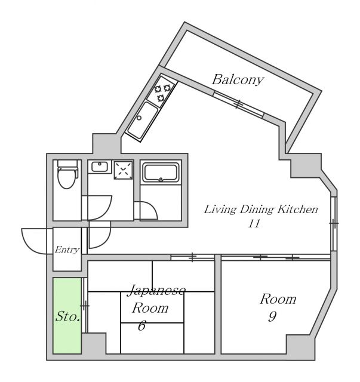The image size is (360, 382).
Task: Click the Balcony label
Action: (x=238, y=79)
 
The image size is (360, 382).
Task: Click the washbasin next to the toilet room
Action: (x=99, y=167)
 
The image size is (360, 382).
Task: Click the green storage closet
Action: (x=66, y=315)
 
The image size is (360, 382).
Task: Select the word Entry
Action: (x=67, y=250)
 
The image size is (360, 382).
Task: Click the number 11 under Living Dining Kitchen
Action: (x=254, y=224)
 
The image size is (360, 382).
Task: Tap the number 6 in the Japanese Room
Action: (x=142, y=326)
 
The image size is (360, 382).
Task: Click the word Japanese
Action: (x=156, y=291)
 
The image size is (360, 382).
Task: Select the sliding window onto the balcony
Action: (x=238, y=104)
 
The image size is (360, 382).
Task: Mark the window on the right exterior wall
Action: (x=334, y=223)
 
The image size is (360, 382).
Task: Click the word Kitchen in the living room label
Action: (x=297, y=210)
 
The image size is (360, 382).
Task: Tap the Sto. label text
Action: (x=68, y=316)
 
